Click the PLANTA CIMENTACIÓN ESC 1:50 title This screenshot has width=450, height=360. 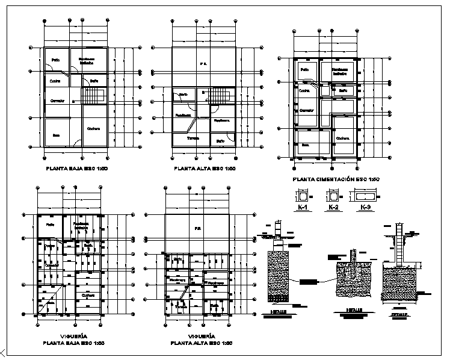point(335,179)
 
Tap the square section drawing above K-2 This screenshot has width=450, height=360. point(333,196)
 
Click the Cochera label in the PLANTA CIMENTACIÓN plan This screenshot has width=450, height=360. point(342,138)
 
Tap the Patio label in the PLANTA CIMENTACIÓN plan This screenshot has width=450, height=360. point(304,70)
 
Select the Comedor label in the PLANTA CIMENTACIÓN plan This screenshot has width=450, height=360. point(307,111)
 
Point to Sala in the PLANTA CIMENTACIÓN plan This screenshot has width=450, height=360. point(305,144)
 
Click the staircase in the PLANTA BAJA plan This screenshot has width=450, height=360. point(94,96)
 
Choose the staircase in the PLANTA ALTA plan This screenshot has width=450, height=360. point(220,96)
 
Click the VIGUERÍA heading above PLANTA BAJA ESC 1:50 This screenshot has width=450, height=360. point(74,336)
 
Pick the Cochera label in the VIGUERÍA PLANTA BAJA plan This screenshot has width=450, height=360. point(88,296)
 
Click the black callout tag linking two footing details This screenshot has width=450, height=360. point(308,282)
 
